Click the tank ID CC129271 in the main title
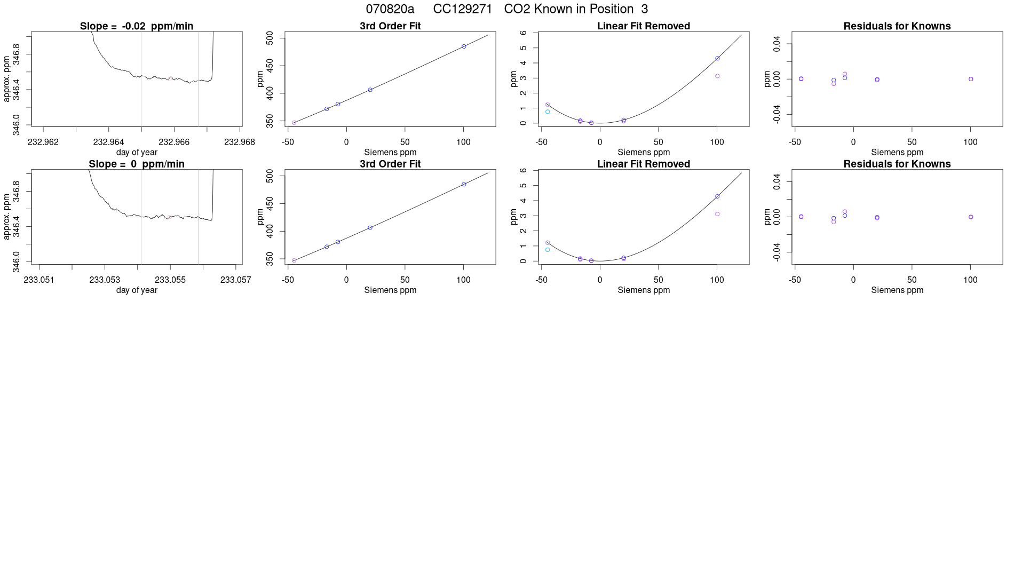[x=462, y=9]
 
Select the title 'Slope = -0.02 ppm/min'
[x=137, y=26]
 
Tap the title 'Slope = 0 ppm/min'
[x=137, y=164]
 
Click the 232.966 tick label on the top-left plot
[x=174, y=142]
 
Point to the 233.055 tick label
[x=170, y=280]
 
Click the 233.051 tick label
[x=39, y=280]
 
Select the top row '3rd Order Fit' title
[x=390, y=26]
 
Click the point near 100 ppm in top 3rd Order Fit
[x=464, y=46]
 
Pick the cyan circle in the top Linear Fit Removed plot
[x=548, y=112]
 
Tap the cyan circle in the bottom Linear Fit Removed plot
[x=548, y=250]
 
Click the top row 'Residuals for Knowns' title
[x=897, y=26]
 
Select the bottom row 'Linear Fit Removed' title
[x=644, y=164]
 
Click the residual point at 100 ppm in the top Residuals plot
[x=971, y=79]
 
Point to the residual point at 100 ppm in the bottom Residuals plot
[x=971, y=217]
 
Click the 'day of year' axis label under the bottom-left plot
[x=137, y=290]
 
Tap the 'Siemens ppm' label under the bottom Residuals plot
[x=897, y=290]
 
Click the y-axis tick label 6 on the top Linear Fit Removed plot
[x=524, y=33]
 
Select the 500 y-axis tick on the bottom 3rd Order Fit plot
[x=270, y=176]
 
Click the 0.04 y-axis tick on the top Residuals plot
[x=777, y=44]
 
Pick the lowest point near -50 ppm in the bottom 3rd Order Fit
[x=294, y=260]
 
